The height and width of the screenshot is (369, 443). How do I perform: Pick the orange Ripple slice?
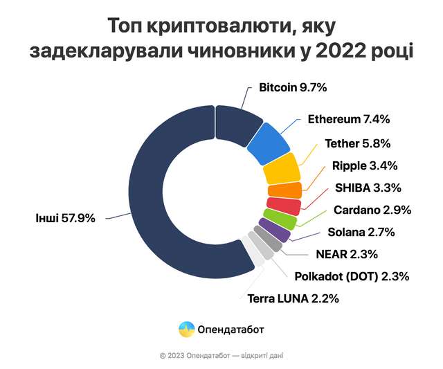[284, 190]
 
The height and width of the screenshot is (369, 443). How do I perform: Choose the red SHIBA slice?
[283, 206]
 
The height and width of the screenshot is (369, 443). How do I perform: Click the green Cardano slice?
[280, 219]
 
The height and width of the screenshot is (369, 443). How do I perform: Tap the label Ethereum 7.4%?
[348, 119]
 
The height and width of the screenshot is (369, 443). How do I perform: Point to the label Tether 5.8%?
[358, 144]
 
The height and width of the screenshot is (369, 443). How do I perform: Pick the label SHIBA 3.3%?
[368, 188]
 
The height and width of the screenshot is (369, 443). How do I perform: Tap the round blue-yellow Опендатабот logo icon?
[186, 329]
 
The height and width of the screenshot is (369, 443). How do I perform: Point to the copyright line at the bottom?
[221, 355]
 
